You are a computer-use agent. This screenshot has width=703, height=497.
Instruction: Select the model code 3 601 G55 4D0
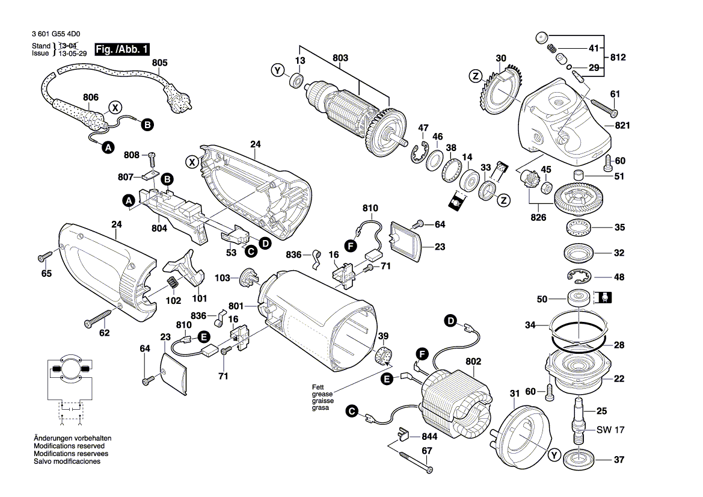[x=54, y=34]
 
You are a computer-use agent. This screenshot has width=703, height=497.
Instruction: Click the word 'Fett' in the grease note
[x=318, y=387]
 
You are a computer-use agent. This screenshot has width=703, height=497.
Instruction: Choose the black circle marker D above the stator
[x=450, y=320]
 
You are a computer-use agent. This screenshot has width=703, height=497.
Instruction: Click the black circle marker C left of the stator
[x=352, y=412]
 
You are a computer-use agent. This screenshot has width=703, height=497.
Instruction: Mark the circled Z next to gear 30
[x=474, y=76]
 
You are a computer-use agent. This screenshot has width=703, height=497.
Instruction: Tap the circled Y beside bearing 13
[x=277, y=70]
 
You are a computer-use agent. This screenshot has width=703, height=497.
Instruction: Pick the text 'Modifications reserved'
[x=69, y=446]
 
